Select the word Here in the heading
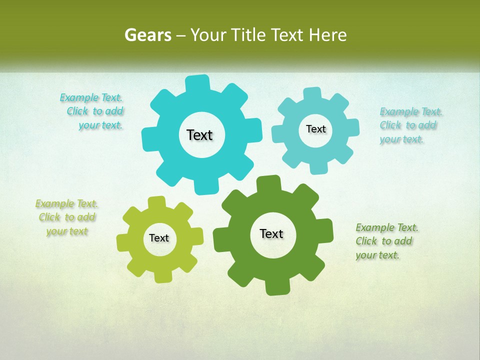pyautogui.click(x=327, y=35)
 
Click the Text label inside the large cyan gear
pyautogui.click(x=199, y=135)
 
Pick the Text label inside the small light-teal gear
pyautogui.click(x=315, y=129)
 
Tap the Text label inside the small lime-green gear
pyautogui.click(x=159, y=238)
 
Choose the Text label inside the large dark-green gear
pyautogui.click(x=271, y=234)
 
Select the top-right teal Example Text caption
pyautogui.click(x=409, y=125)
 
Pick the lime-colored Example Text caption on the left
pyautogui.click(x=66, y=217)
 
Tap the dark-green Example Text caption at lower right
pyautogui.click(x=385, y=241)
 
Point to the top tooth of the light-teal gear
pyautogui.click(x=312, y=94)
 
